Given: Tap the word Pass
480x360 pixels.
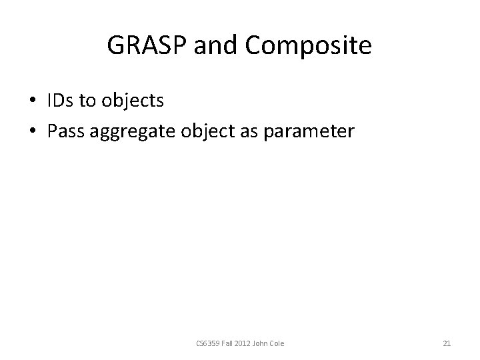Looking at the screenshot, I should [65, 130].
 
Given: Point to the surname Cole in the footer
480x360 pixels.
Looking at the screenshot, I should [277, 343].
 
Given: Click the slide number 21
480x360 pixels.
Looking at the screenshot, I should [447, 343].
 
